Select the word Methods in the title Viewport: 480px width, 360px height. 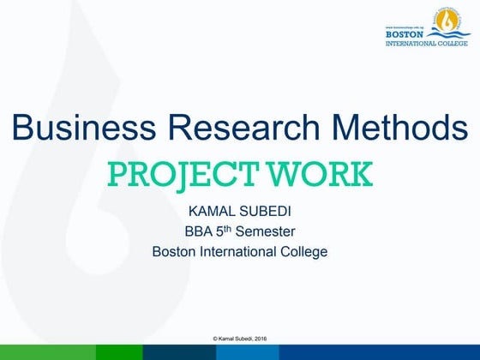point(397,129)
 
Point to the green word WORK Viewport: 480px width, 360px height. point(319,173)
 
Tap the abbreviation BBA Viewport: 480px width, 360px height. point(199,231)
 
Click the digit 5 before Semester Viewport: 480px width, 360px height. point(225,231)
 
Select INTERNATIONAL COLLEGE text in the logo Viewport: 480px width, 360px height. point(427,42)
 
